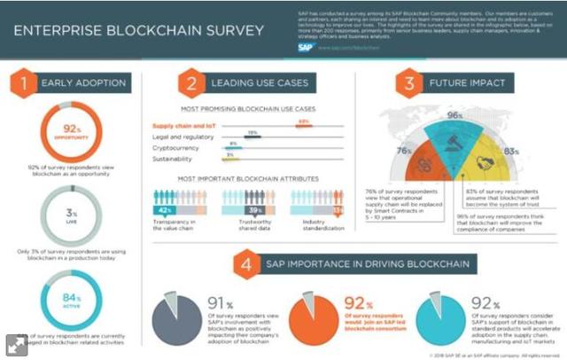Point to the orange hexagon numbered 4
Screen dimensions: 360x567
245,265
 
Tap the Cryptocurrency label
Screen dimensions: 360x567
178,148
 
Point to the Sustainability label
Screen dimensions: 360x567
176,160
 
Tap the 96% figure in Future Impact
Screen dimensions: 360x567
456,116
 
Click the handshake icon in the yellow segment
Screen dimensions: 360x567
485,164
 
